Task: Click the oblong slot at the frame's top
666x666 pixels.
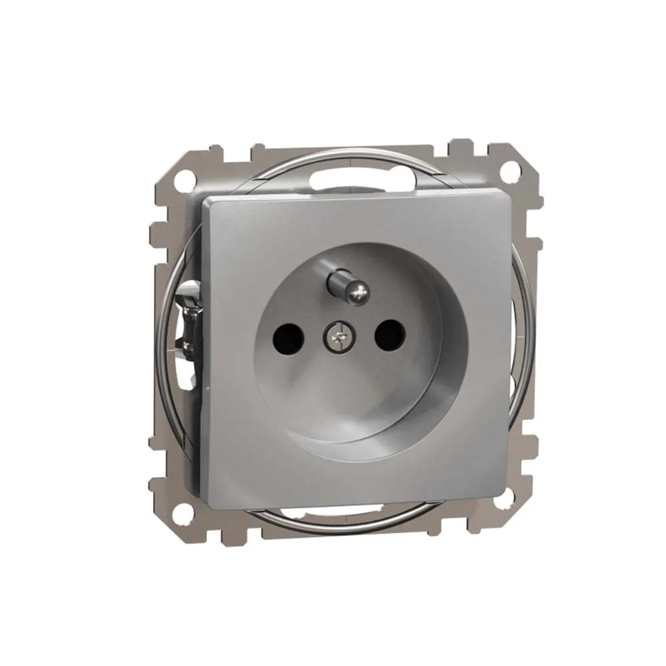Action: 338,178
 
